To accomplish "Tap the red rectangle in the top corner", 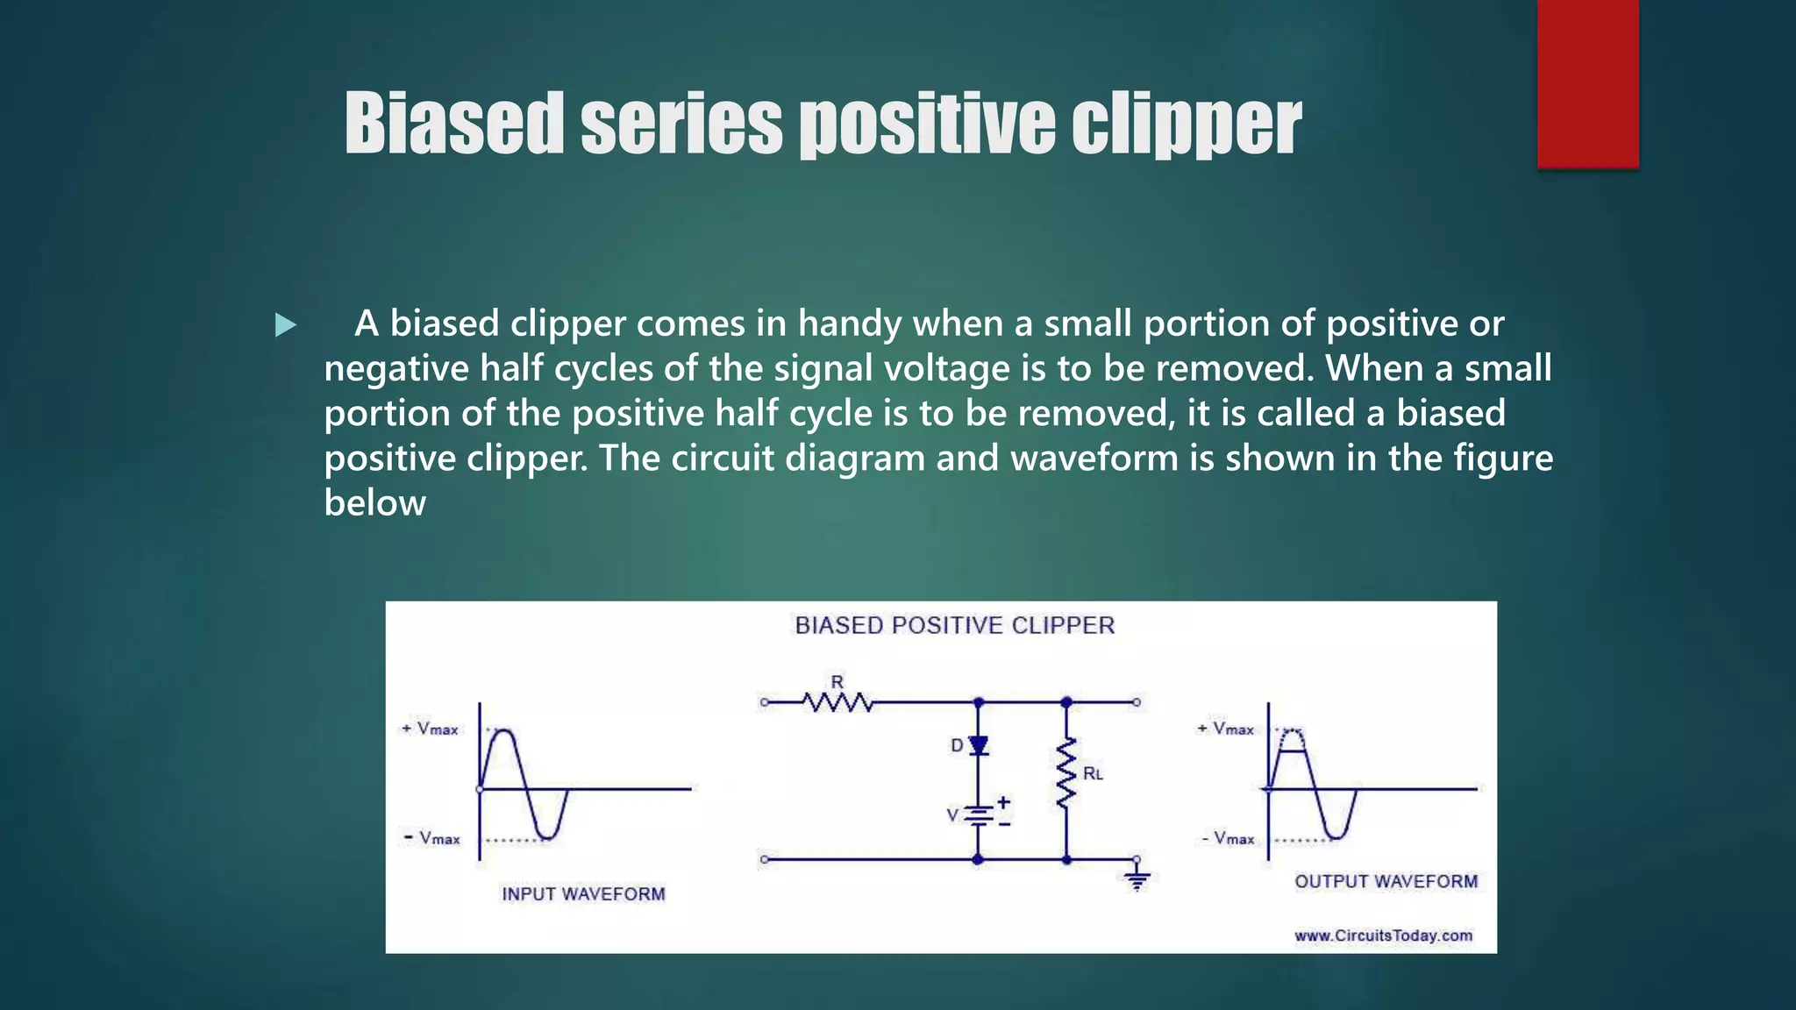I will [1587, 83].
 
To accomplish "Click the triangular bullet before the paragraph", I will [285, 325].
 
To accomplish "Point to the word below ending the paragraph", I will [374, 503].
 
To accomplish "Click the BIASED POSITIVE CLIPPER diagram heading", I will [954, 625].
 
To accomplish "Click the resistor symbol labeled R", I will [837, 701].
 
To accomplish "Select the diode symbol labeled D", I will [979, 745].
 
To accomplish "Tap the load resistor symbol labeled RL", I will [1066, 773].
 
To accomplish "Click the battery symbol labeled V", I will [978, 815].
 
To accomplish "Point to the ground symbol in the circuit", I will [1137, 879].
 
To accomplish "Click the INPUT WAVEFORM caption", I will [583, 893].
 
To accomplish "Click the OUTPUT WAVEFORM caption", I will [1386, 881].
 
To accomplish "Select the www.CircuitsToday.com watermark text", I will [1383, 935].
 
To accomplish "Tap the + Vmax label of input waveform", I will [430, 729].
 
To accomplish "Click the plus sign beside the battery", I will [1004, 801].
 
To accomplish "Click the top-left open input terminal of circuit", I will [764, 702].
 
